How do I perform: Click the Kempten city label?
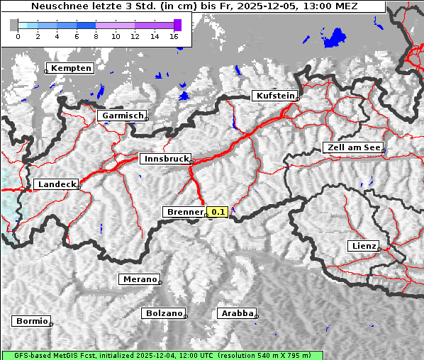point(71,68)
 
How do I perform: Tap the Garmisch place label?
point(123,116)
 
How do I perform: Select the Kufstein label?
point(275,96)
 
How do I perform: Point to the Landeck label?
point(56,184)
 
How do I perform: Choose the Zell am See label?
point(353,147)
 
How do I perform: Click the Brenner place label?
point(184,212)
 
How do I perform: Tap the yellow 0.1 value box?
point(218,212)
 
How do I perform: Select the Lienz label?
point(363,246)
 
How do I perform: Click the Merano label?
point(139,279)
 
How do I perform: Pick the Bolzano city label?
point(164,313)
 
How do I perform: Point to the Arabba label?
point(237,313)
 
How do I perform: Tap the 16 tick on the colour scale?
point(174,35)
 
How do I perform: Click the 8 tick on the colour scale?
point(96,35)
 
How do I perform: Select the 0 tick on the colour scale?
point(18,35)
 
